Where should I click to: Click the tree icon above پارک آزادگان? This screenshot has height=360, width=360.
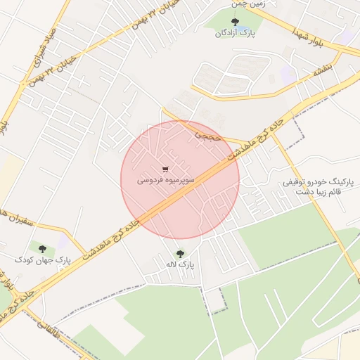coord(235,22)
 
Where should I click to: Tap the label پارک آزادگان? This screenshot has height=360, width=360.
coord(236,32)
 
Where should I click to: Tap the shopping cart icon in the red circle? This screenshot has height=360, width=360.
coord(165,169)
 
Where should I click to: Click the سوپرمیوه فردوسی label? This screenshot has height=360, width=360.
coord(165,180)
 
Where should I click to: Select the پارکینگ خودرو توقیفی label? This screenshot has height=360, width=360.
coord(313,182)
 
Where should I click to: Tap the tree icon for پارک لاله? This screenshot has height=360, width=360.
coord(180,254)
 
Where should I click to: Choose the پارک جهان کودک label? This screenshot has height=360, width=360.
coord(44,260)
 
